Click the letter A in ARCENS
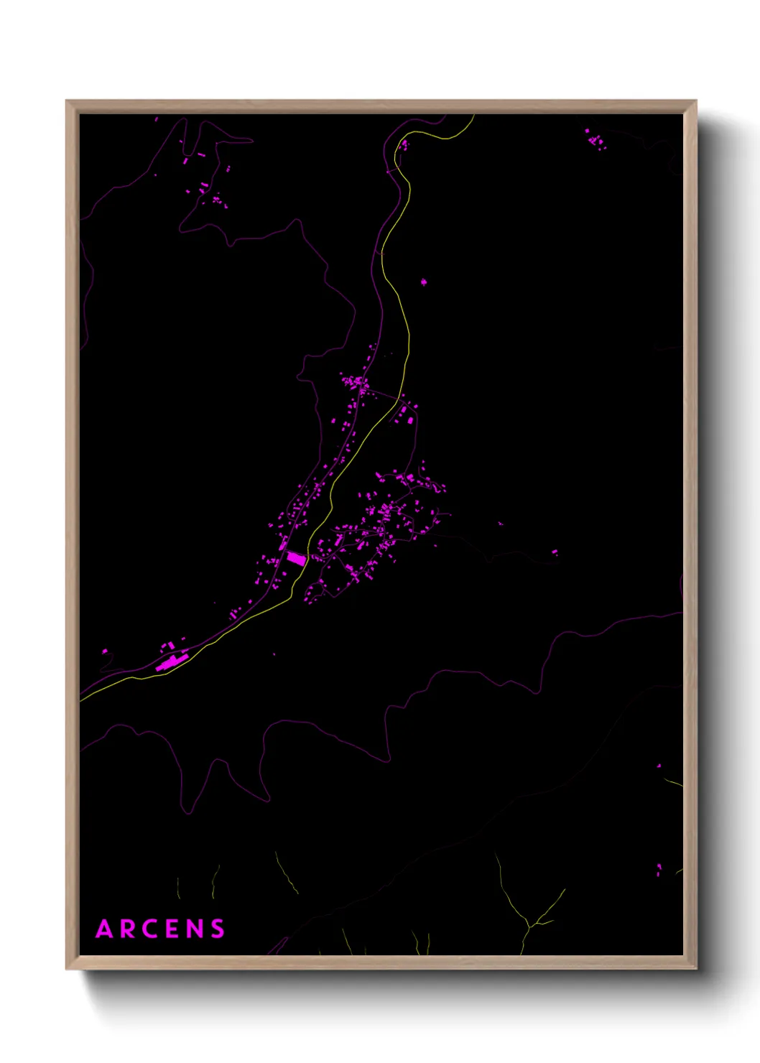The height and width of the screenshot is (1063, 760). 105,929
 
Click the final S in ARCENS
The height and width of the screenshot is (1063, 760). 217,929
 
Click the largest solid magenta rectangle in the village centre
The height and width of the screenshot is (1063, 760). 297,557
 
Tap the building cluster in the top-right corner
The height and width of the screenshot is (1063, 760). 595,139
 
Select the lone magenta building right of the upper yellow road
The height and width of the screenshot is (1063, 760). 423,282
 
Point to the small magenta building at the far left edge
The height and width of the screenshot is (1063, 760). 105,651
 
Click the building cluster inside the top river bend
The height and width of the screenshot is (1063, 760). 403,145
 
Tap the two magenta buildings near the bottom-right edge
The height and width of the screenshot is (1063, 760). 659,871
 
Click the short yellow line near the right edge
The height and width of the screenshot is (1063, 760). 673,783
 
